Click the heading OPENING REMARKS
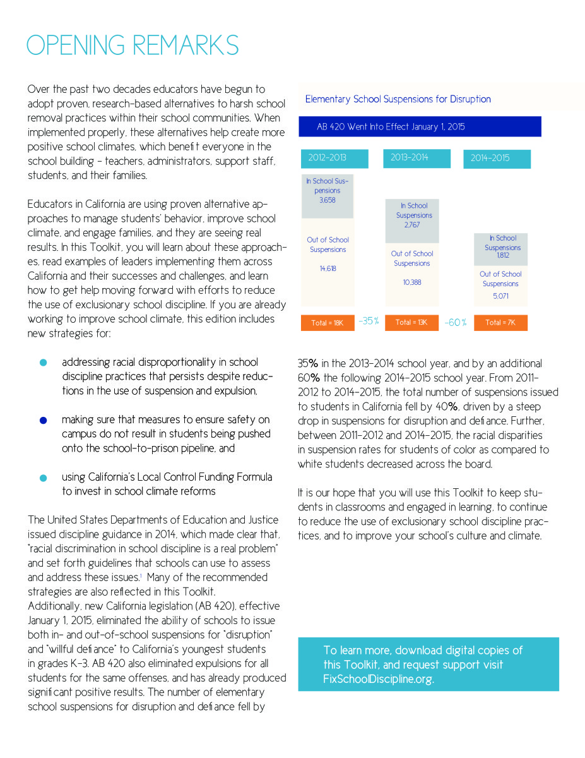pyautogui.click(x=133, y=45)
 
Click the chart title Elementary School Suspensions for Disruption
pyautogui.click(x=398, y=99)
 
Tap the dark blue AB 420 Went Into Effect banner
pyautogui.click(x=420, y=127)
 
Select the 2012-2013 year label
pyautogui.click(x=328, y=158)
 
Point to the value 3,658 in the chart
pyautogui.click(x=328, y=200)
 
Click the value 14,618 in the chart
pyautogui.click(x=328, y=268)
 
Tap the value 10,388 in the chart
pyautogui.click(x=412, y=282)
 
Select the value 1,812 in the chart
pyautogui.click(x=502, y=256)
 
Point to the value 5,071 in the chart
pyautogui.click(x=500, y=296)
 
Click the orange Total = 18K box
pyautogui.click(x=328, y=323)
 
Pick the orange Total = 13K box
pyautogui.click(x=411, y=323)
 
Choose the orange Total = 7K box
pyautogui.click(x=500, y=323)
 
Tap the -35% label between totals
pyautogui.click(x=369, y=322)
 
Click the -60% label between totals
pyautogui.click(x=456, y=323)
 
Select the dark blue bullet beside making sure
pyautogui.click(x=43, y=420)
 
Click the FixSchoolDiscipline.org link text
pyautogui.click(x=379, y=680)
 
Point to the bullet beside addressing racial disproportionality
pyautogui.click(x=43, y=363)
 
